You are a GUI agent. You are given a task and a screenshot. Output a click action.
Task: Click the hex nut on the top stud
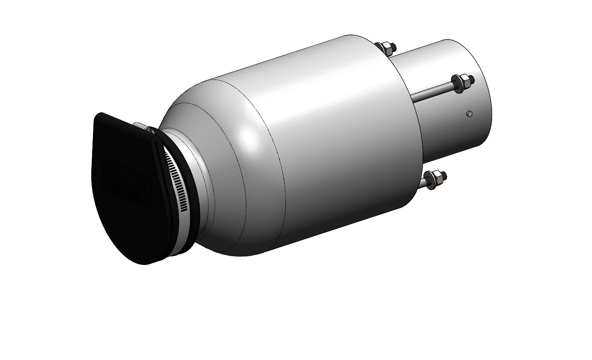coord(387,48)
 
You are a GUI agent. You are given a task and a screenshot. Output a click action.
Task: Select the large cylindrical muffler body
coord(329,136)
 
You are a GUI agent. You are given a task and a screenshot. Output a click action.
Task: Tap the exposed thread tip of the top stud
coord(394,45)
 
